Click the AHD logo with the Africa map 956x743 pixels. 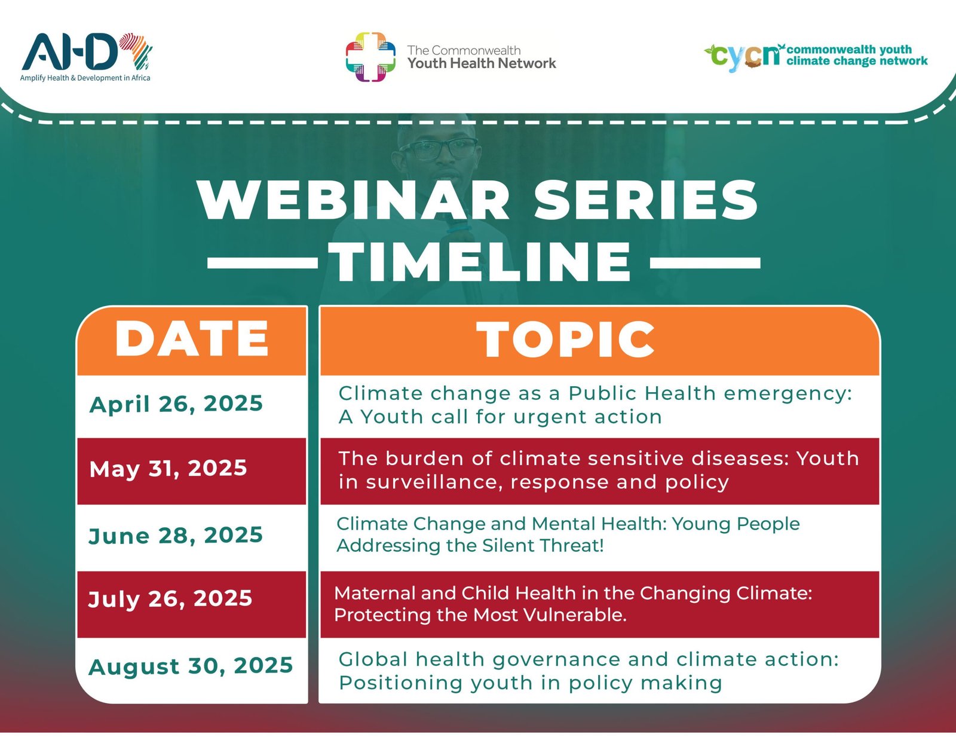coord(87,51)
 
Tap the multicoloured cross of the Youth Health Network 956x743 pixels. coord(370,57)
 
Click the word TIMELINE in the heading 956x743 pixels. coord(482,262)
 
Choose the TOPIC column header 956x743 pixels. coord(566,339)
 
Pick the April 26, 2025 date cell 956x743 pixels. coord(176,404)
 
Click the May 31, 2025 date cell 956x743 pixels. coord(168,469)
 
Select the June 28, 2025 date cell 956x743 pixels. coord(176,536)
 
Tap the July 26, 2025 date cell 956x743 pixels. coord(170,599)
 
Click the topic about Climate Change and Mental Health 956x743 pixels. coord(568,534)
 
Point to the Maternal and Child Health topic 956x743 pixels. coord(573,604)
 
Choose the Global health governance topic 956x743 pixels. coord(589,671)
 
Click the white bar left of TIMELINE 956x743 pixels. coord(263,262)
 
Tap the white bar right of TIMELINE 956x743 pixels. coord(705,262)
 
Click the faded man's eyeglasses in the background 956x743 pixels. coord(439,149)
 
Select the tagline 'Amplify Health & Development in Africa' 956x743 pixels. coord(85,78)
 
